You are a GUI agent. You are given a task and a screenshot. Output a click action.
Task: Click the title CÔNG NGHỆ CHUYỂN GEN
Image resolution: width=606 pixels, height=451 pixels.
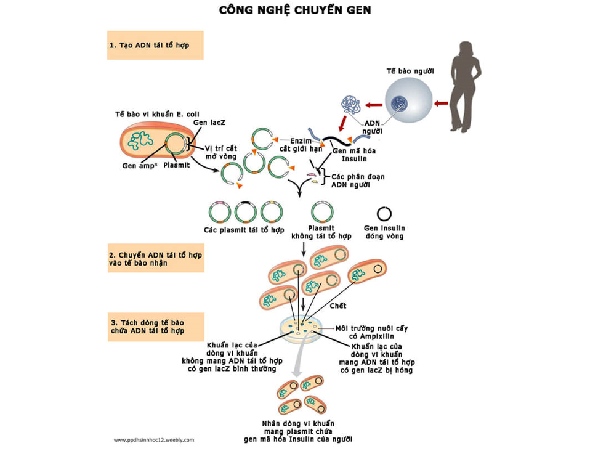296,10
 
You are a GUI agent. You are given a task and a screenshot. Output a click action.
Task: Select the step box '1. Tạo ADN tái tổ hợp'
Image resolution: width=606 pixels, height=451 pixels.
155,45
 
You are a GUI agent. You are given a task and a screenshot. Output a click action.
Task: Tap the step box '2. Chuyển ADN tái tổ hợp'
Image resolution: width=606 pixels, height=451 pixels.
155,259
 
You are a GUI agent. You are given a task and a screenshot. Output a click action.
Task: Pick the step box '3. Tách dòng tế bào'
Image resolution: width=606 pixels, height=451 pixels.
155,327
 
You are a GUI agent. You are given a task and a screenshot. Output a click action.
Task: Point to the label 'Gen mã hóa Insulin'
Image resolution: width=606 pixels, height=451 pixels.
353,154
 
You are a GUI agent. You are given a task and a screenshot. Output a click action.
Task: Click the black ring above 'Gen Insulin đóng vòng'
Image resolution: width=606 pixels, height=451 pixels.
384,213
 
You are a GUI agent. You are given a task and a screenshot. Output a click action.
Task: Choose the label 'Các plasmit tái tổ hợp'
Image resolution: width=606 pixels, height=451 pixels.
244,230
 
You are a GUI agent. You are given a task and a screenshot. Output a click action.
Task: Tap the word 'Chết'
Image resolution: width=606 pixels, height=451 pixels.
338,306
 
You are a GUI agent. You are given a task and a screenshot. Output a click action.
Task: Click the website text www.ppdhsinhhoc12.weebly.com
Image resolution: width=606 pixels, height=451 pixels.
154,440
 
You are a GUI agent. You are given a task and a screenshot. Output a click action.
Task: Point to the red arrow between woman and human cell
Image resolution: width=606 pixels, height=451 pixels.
441,104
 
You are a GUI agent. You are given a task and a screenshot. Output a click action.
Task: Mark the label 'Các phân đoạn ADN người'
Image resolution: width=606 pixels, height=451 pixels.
358,181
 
